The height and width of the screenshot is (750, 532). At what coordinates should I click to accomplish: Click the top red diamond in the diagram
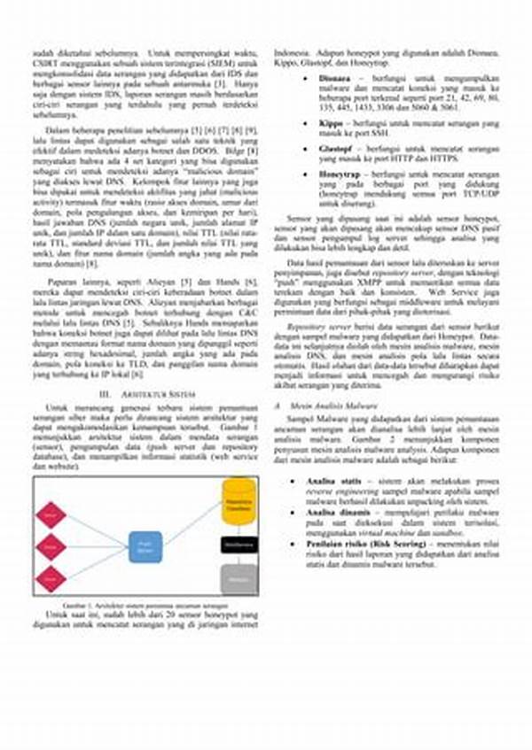click(x=51, y=514)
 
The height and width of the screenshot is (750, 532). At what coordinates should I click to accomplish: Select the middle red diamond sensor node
click(x=51, y=546)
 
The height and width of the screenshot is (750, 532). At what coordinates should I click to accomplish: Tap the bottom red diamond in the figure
click(x=51, y=578)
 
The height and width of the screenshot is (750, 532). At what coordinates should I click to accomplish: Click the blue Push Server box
click(x=145, y=547)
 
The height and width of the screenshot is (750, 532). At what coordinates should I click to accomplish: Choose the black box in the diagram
click(x=239, y=543)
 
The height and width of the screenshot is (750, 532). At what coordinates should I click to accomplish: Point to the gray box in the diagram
click(x=239, y=578)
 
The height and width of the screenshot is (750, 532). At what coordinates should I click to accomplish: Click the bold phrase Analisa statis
click(x=319, y=480)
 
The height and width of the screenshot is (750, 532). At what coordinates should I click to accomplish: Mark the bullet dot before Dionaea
click(x=304, y=77)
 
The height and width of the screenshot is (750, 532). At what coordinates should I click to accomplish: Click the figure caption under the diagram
click(x=146, y=603)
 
